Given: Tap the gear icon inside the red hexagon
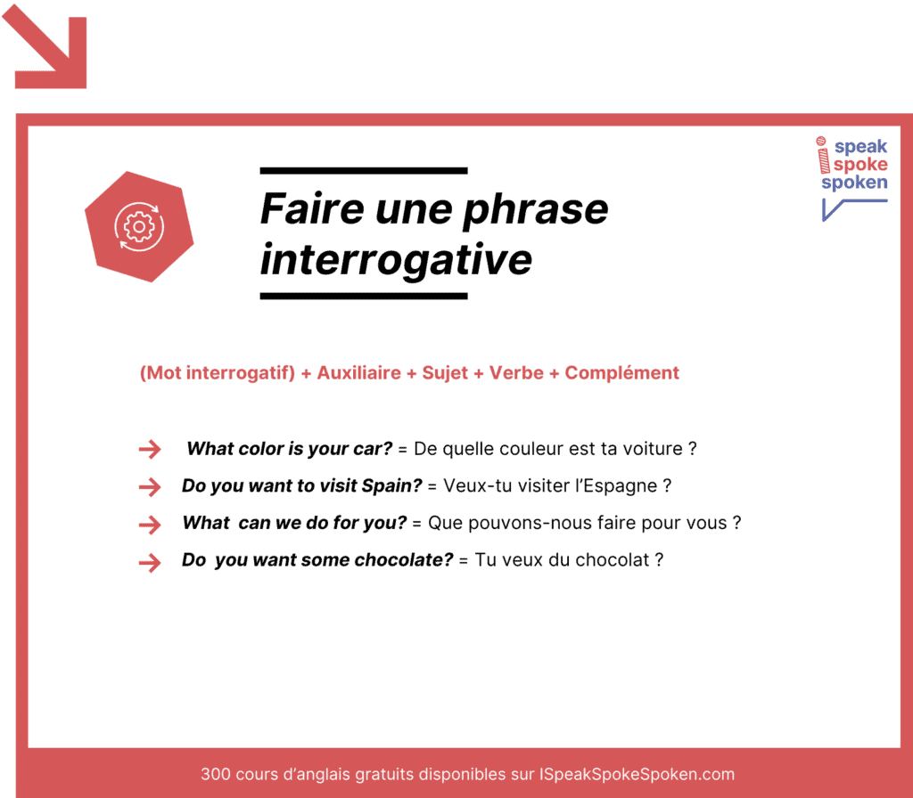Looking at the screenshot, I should (138, 227).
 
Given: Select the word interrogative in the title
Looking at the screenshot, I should (396, 259).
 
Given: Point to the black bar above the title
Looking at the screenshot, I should (363, 170).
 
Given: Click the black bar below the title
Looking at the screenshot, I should (363, 296).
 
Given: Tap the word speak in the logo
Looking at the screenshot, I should (860, 148).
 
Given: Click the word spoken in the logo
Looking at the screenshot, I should (854, 183).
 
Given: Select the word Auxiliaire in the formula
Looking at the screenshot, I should (358, 373).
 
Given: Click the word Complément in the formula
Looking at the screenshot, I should (621, 373).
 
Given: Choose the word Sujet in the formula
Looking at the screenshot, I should (444, 373).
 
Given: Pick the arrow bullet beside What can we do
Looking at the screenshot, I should (150, 524).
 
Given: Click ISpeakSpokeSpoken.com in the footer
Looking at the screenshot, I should (637, 774).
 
